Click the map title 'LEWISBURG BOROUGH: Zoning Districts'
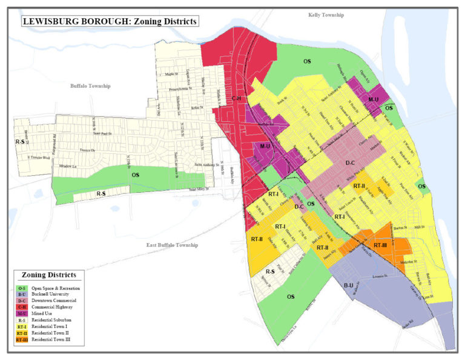click(x=110, y=21)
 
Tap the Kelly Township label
click(x=325, y=15)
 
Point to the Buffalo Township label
click(x=90, y=86)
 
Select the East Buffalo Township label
click(x=173, y=245)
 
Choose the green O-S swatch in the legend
click(x=21, y=288)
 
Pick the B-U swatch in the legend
click(x=21, y=294)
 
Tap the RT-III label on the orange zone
click(x=380, y=245)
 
